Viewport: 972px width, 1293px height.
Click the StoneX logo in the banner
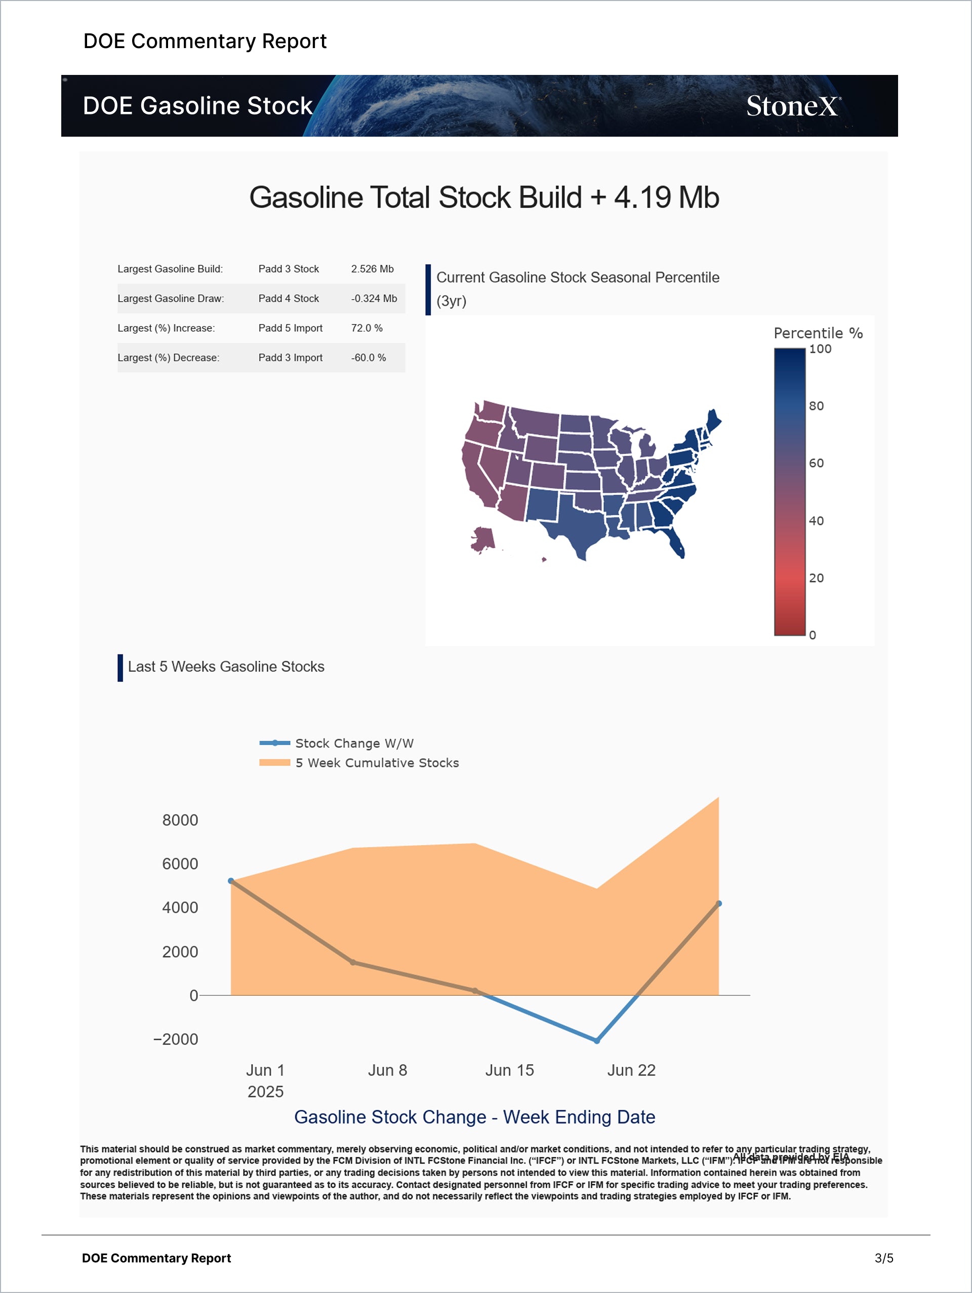tap(793, 106)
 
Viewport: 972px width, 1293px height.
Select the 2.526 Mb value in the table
tap(372, 269)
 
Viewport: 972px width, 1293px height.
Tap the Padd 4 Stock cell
tap(288, 299)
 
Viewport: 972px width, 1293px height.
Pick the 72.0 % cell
tap(367, 328)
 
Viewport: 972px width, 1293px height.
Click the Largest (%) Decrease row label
tap(169, 358)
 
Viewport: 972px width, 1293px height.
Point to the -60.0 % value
tap(368, 358)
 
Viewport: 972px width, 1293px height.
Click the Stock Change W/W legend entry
tap(353, 743)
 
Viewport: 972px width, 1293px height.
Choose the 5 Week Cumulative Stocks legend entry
tap(377, 763)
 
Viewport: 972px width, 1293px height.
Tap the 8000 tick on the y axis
tap(180, 820)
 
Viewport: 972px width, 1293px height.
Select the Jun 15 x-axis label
tap(509, 1070)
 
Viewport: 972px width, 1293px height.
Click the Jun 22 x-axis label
tap(631, 1070)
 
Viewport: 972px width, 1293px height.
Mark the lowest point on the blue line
tap(597, 1041)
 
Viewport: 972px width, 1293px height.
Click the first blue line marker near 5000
tap(231, 881)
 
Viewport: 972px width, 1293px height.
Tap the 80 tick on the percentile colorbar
tap(816, 406)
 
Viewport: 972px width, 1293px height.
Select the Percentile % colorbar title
tap(818, 333)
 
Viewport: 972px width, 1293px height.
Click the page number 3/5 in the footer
tap(884, 1259)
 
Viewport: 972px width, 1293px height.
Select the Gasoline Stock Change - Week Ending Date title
tap(474, 1117)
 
